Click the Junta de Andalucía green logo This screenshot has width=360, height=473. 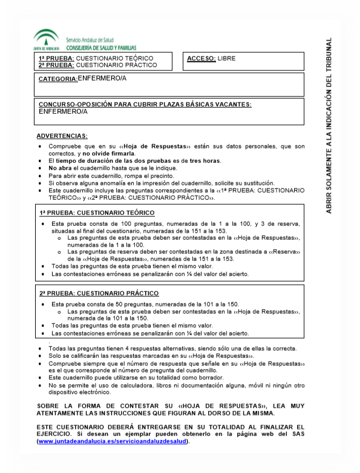point(47,38)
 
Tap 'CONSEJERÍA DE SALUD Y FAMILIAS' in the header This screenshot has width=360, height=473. point(101,47)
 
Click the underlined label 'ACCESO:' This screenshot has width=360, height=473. point(201,58)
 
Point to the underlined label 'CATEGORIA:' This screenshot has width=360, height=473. point(58,79)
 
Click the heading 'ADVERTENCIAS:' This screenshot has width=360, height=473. point(62,136)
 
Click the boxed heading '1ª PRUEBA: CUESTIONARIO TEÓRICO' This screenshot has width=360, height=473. point(97,213)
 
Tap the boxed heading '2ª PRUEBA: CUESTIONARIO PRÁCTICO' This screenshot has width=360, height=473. point(99,293)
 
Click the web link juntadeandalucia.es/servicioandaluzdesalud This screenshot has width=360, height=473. point(113,441)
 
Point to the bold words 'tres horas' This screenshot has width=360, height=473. point(204,160)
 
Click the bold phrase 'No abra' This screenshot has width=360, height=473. point(59,168)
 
